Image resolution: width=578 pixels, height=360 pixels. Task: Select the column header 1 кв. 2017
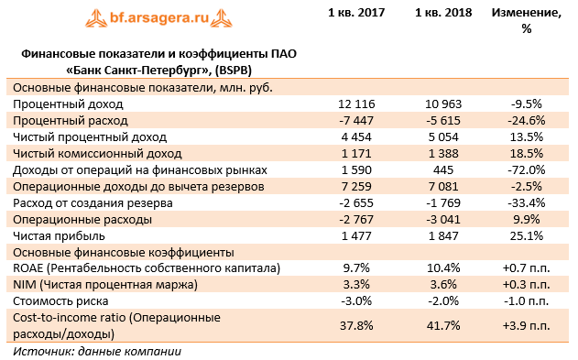point(356,13)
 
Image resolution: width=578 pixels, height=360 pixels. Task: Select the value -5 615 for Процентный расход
point(443,121)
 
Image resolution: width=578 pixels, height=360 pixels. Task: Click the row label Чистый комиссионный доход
point(97,154)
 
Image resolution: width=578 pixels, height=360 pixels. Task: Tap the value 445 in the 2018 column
point(443,170)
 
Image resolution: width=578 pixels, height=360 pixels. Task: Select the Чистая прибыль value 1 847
point(443,236)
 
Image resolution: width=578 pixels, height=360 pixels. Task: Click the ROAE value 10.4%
point(443,268)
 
